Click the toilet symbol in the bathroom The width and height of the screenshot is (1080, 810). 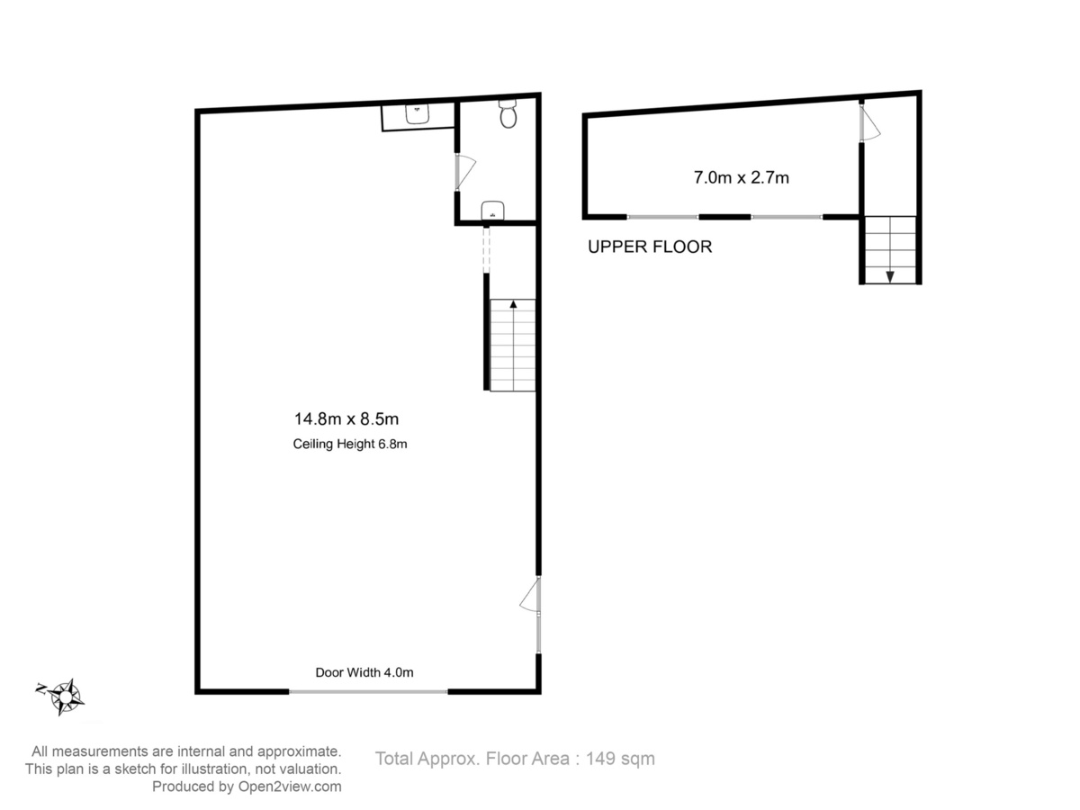[x=508, y=113]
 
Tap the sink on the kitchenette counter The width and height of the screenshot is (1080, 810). [x=417, y=113]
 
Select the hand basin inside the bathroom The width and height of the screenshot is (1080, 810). [x=492, y=210]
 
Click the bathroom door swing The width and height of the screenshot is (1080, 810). [x=465, y=172]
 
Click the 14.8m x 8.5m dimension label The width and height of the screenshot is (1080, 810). [x=346, y=419]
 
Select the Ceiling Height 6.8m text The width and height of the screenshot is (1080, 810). [x=350, y=444]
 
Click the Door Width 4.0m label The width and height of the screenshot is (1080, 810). [x=364, y=672]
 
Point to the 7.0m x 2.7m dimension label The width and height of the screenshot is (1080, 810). [x=741, y=177]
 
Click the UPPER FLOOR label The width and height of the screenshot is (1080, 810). [x=650, y=247]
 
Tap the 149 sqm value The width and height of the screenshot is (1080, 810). [x=620, y=759]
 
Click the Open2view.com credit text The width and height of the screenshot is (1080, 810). [x=290, y=787]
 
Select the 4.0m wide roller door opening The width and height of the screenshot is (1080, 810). [x=368, y=691]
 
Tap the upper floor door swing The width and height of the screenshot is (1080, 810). [x=869, y=123]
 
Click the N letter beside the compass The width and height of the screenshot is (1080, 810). [x=41, y=688]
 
